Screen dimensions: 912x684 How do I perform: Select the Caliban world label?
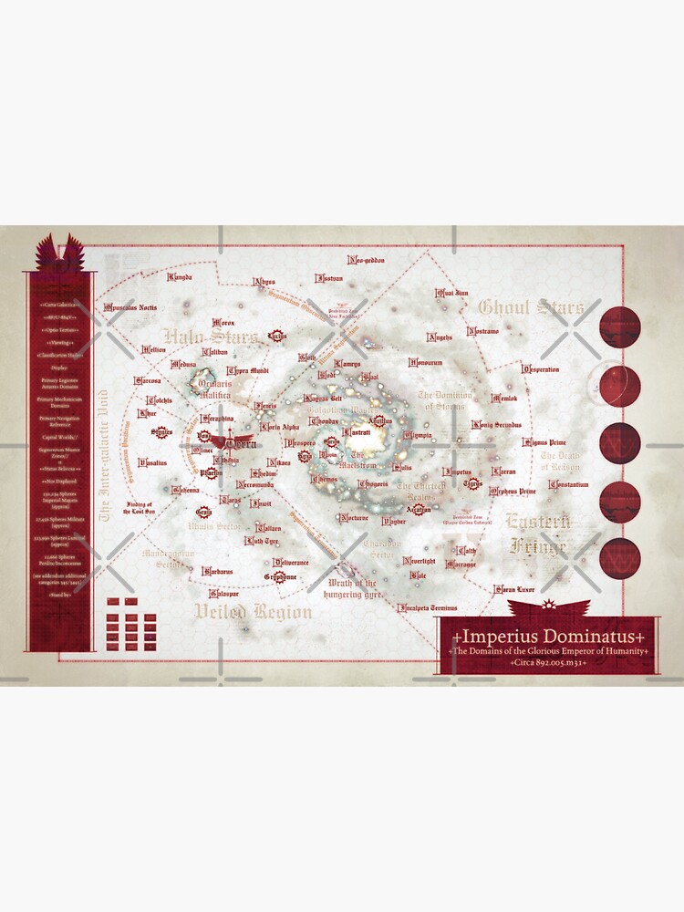pos(215,351)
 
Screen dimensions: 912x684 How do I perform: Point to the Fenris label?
pos(266,405)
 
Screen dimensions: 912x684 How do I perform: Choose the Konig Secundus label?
pos(496,425)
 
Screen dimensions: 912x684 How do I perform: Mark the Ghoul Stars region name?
pos(531,307)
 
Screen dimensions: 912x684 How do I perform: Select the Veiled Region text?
pos(253,612)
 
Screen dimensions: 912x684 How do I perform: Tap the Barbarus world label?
pos(218,571)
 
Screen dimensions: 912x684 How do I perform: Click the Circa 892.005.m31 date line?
pos(548,663)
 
